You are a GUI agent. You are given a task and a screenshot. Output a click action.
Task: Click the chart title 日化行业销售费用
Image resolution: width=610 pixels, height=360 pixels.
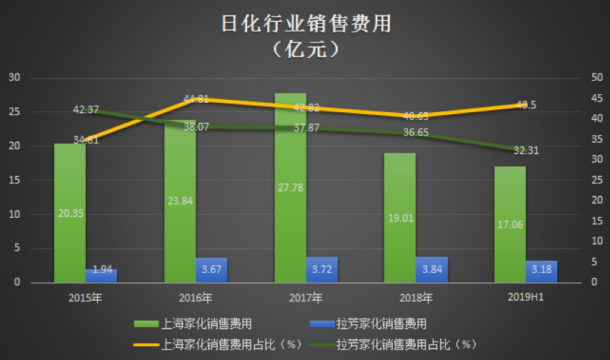coord(305,24)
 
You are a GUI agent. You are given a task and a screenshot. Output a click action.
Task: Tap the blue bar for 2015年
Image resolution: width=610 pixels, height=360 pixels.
coord(101,276)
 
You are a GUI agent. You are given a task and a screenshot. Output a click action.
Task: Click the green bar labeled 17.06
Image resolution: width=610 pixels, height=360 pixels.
coord(510,224)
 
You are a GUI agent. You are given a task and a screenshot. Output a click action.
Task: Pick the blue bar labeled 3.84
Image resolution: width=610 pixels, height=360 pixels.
coord(431,269)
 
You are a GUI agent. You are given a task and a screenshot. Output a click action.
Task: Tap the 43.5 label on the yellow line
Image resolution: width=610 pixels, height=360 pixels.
coord(526,105)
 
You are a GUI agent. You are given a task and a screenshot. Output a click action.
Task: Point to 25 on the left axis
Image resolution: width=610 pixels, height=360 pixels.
coord(15,112)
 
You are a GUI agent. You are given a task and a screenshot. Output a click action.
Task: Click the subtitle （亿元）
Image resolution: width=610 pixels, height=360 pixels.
coord(305,51)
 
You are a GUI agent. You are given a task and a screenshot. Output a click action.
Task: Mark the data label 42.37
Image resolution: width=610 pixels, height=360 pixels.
coord(86,110)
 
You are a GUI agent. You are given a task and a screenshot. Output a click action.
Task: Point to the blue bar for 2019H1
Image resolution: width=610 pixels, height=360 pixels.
coord(541,271)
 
